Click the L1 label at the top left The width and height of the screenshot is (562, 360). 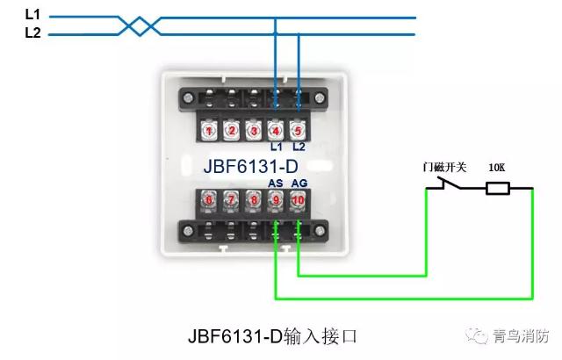click(x=32, y=15)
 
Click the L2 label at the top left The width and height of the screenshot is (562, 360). click(x=32, y=33)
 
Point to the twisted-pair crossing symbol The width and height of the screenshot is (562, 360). click(x=135, y=25)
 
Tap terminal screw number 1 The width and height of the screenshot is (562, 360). click(x=209, y=132)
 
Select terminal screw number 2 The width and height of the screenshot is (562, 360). click(x=232, y=132)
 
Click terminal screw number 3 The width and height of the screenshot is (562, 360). click(x=254, y=132)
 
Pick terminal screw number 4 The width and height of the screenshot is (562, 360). click(x=276, y=132)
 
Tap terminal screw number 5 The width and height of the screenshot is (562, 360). click(x=299, y=132)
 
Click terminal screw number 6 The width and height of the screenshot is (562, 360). click(x=209, y=199)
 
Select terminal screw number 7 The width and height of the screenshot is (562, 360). click(x=232, y=199)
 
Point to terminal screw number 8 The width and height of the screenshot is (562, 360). click(x=254, y=199)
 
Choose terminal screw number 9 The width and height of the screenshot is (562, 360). click(x=276, y=199)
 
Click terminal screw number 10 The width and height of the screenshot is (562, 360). click(x=299, y=199)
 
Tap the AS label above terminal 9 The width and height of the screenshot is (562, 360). click(x=276, y=182)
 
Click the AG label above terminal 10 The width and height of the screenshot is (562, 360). click(x=299, y=182)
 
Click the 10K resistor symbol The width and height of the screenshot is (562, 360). click(x=498, y=188)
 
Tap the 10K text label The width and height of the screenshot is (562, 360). click(x=496, y=167)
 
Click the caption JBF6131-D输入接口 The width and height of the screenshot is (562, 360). click(x=273, y=336)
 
